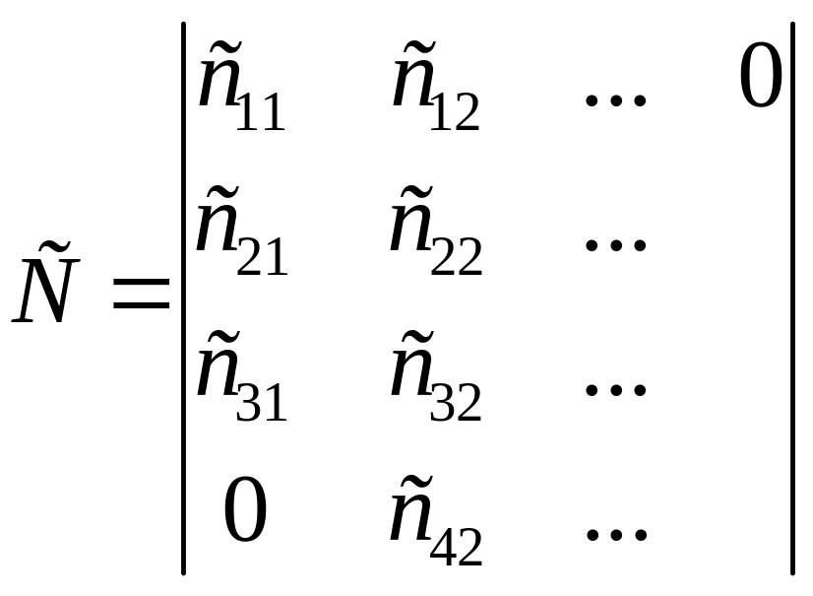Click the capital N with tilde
pos(45,283)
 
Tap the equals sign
pos(141,294)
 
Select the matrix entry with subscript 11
pos(241,86)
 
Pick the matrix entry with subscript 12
pos(435,86)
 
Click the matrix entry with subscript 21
pos(241,231)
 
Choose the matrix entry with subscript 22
pos(436,231)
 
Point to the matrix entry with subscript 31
pos(241,375)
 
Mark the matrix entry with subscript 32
pos(436,375)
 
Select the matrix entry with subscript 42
pos(436,520)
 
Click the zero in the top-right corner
pos(761,75)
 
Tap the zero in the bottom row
pos(245,509)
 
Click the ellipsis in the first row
pos(615,99)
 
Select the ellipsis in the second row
pos(615,244)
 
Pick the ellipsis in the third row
pos(615,389)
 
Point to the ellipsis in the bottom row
pos(616,534)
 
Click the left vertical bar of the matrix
pos(183,298)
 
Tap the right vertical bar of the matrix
pos(792,298)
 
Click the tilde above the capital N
pos(54,248)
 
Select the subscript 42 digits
pos(457,546)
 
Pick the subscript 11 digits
pos(260,111)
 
